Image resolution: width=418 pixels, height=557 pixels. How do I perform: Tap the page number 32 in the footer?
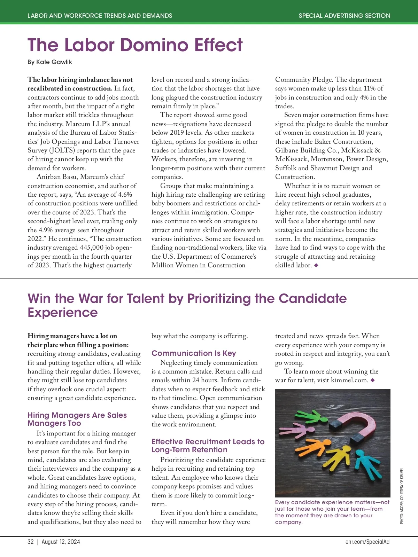tap(31, 542)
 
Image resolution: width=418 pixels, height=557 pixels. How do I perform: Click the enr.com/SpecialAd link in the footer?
tap(367, 542)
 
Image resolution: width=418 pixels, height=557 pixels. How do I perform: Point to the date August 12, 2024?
tap(61, 542)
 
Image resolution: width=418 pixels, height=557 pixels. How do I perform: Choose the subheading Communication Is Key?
tap(194, 353)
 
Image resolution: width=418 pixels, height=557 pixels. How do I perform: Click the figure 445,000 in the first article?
tap(93, 248)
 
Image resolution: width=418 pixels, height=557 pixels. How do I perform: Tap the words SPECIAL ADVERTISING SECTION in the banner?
tap(344, 16)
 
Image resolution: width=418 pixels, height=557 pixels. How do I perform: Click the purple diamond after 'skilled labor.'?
tap(316, 265)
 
